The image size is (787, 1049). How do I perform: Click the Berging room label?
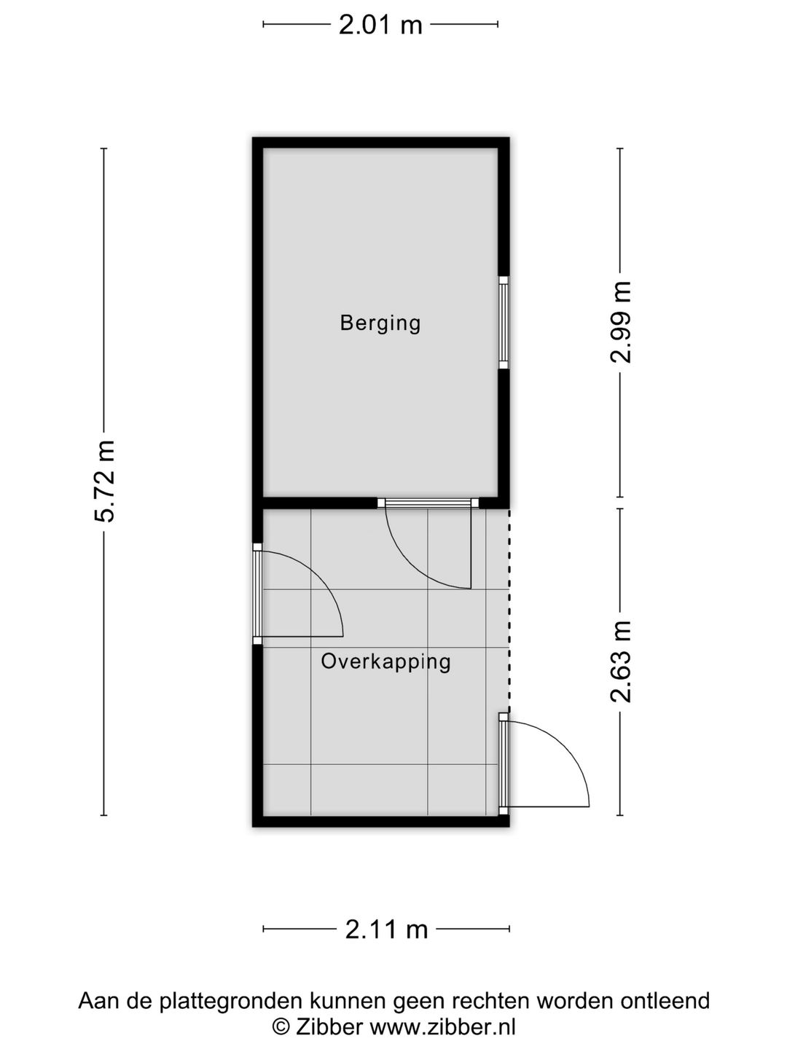380,323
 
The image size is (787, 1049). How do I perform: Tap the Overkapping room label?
385,661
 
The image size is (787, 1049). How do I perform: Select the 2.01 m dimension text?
380,25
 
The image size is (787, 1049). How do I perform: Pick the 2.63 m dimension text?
621,661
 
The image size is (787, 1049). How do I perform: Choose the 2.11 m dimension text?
386,930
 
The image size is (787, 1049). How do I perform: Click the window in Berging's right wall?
503,321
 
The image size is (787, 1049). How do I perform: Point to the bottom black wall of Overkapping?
380,822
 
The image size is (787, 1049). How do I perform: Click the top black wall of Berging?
380,142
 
